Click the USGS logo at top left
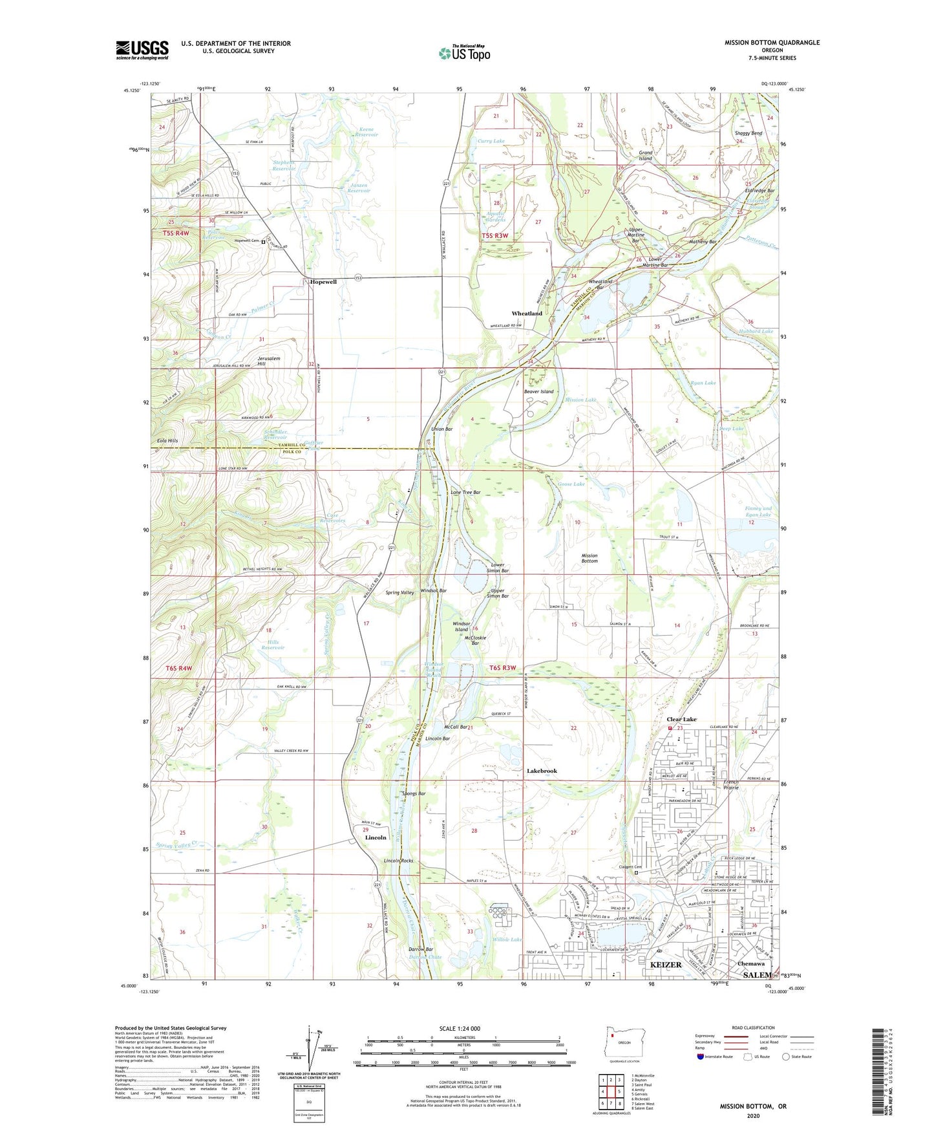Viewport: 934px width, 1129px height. pyautogui.click(x=142, y=50)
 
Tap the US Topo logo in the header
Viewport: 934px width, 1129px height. pyautogui.click(x=464, y=53)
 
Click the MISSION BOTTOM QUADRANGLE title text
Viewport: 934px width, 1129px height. pyautogui.click(x=772, y=43)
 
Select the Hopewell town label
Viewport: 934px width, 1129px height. pyautogui.click(x=323, y=283)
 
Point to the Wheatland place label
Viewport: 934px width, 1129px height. pyautogui.click(x=527, y=314)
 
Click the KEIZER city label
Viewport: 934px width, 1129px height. pyautogui.click(x=665, y=964)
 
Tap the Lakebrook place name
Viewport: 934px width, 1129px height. pyautogui.click(x=542, y=771)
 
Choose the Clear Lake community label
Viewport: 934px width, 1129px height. pyautogui.click(x=682, y=719)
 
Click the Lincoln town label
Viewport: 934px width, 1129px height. pyautogui.click(x=376, y=837)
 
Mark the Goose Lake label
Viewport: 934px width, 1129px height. pyautogui.click(x=571, y=484)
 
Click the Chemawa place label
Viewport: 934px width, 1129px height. pyautogui.click(x=750, y=963)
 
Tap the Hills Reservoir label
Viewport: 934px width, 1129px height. pyautogui.click(x=274, y=645)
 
